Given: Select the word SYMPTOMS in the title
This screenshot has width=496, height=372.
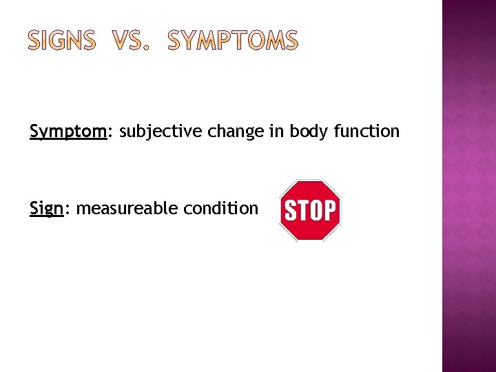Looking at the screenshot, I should [234, 42].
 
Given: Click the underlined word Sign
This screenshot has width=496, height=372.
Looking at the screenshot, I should [46, 209].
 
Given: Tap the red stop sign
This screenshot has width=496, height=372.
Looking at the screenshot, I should [310, 210].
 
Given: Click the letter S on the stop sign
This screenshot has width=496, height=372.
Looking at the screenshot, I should [291, 210].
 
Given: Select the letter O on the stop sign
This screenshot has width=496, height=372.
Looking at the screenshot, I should [316, 210].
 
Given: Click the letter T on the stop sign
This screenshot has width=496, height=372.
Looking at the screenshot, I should [303, 210].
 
